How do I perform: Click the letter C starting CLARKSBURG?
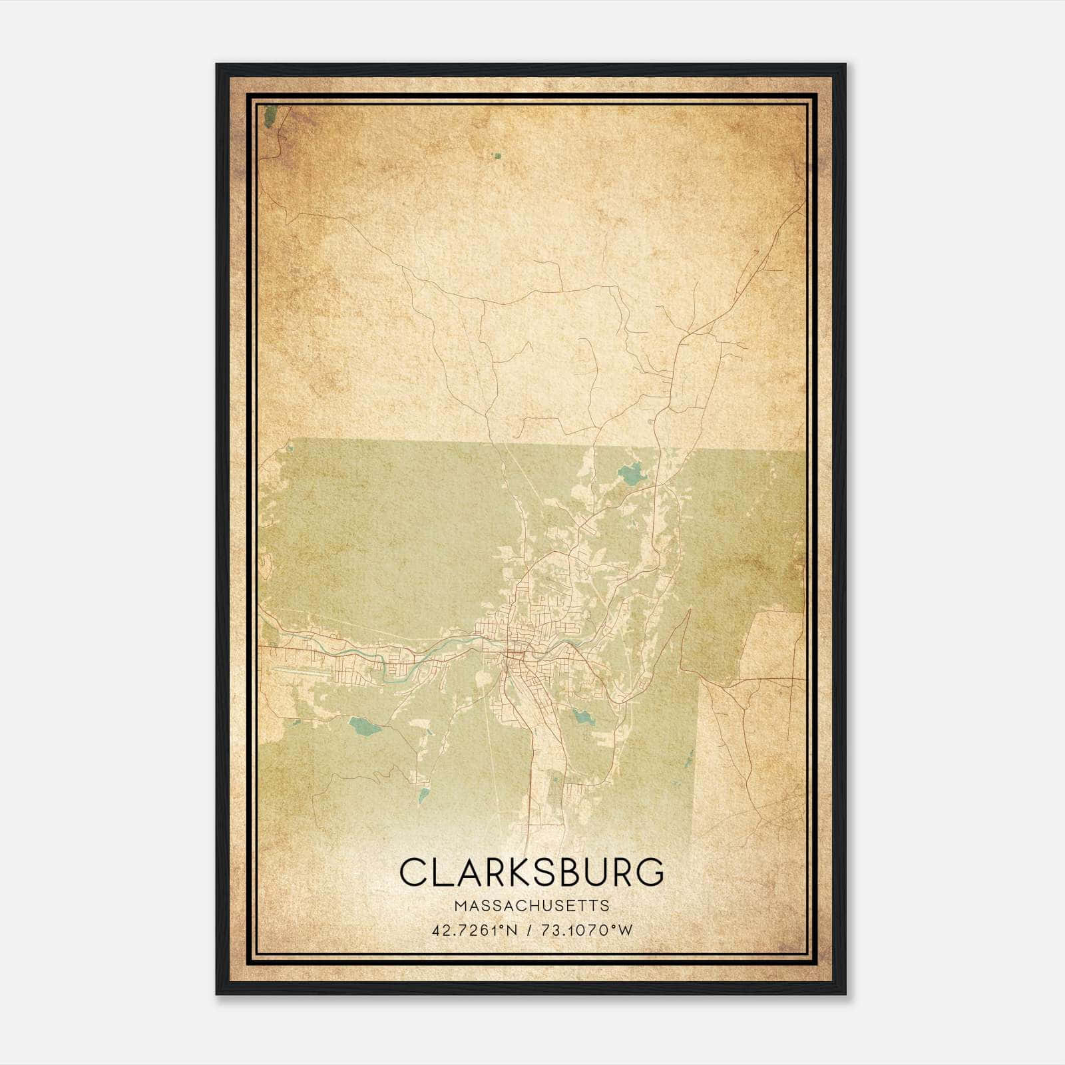415,872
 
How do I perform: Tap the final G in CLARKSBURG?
648,872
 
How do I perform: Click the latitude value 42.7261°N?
475,930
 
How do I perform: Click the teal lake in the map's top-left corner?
270,116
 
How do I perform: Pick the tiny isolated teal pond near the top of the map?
496,156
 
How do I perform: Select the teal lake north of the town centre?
629,473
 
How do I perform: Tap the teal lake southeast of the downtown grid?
582,717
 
